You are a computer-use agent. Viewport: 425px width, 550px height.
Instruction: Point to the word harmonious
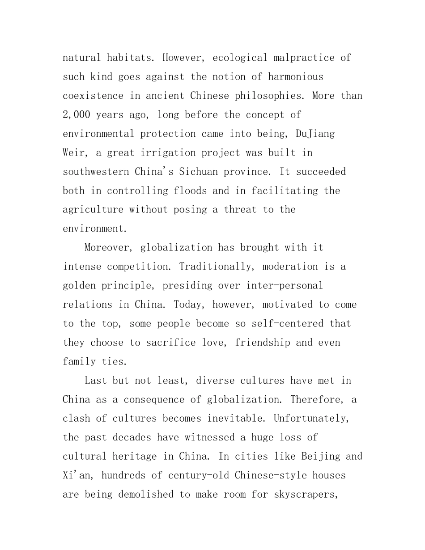[295, 76]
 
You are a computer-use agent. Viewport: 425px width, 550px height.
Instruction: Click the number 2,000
[76, 114]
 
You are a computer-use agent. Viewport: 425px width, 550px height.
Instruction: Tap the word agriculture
[93, 210]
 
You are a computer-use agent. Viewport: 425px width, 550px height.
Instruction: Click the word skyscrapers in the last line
[304, 495]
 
